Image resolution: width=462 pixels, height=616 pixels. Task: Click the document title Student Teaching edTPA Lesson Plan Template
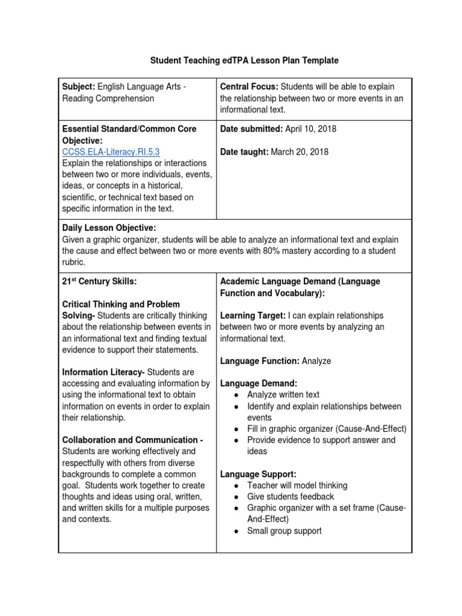coord(244,61)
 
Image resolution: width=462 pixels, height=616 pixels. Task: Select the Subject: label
coord(78,87)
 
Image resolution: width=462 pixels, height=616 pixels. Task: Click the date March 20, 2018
coord(300,152)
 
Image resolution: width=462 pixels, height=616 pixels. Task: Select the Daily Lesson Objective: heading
coord(109,228)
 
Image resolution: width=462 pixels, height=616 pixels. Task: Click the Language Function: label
coord(260,361)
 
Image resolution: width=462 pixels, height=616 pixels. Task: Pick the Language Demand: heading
coord(259,383)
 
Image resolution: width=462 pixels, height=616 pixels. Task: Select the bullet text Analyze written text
coord(283,395)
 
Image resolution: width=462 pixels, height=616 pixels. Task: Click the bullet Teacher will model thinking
coord(297,485)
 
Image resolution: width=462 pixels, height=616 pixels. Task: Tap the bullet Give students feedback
coord(291,496)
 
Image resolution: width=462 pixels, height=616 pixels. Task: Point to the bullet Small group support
coord(285,531)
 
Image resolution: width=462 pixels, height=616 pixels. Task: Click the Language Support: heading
coord(258,474)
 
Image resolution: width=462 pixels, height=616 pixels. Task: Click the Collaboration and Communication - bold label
coord(132,440)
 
